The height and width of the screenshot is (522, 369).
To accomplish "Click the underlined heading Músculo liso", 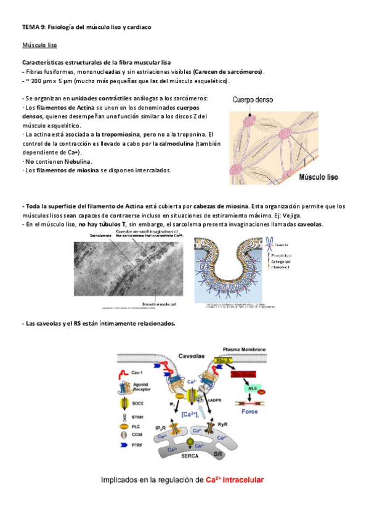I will coord(40,45).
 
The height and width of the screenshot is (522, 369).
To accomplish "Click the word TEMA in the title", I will coord(30,27).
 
